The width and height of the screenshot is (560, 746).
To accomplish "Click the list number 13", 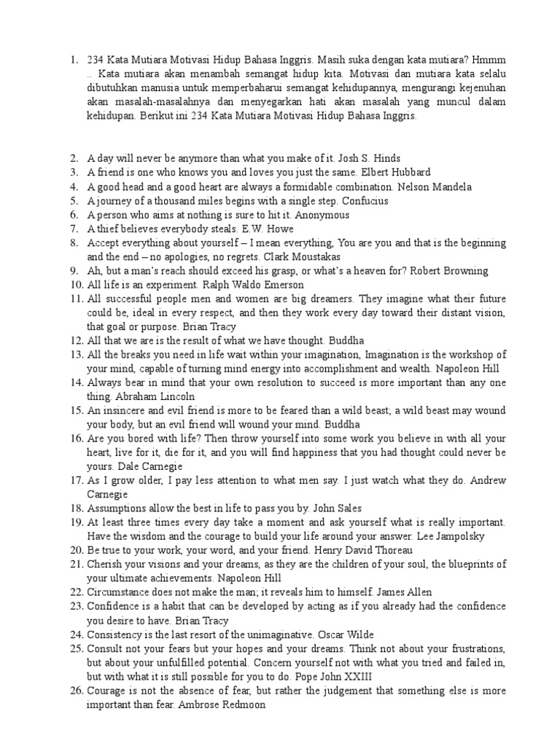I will pyautogui.click(x=77, y=355).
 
